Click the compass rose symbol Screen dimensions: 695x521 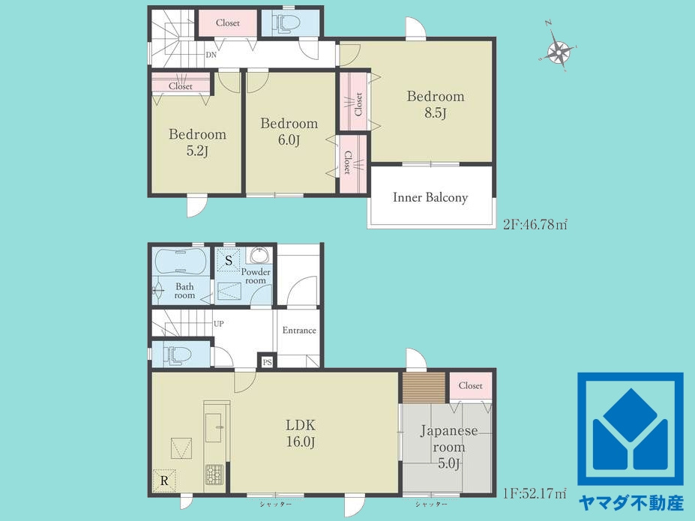(x=558, y=52)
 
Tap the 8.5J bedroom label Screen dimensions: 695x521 (x=436, y=104)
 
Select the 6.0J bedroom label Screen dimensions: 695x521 (x=289, y=132)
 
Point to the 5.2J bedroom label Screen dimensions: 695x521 (x=197, y=142)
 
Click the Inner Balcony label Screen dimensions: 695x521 (x=430, y=197)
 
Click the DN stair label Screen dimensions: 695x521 (x=211, y=55)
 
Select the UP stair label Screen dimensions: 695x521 (x=218, y=324)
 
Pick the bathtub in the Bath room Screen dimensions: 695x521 (x=179, y=262)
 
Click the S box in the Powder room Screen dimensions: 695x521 (x=228, y=261)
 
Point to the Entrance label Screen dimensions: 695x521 (x=299, y=330)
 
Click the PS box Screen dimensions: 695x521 (x=267, y=362)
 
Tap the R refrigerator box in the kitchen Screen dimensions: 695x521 (x=164, y=481)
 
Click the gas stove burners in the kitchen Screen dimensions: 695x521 (x=215, y=475)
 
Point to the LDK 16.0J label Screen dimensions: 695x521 (x=300, y=433)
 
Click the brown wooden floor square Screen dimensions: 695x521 (x=424, y=388)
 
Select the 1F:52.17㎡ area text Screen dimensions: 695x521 (x=535, y=493)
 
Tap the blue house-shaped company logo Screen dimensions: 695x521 (x=630, y=429)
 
